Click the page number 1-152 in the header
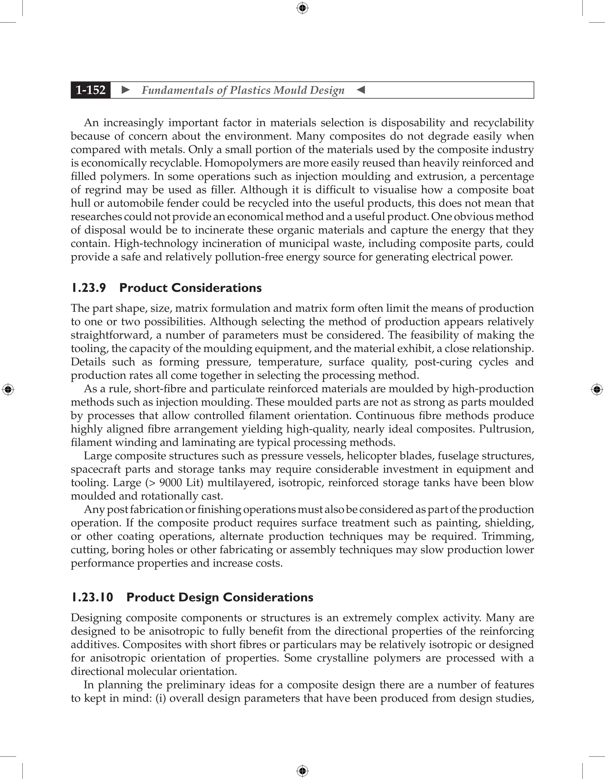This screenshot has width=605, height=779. click(x=91, y=90)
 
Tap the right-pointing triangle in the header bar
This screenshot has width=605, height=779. click(x=126, y=90)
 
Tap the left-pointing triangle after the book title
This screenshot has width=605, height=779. click(x=361, y=90)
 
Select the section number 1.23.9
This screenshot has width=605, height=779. click(x=88, y=288)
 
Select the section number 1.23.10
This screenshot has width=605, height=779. click(x=92, y=598)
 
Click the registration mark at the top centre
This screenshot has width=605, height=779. click(x=302, y=8)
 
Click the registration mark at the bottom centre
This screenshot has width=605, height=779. click(x=302, y=771)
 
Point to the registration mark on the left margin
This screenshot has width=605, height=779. click(x=8, y=389)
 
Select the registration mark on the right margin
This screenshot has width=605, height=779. click(x=597, y=389)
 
